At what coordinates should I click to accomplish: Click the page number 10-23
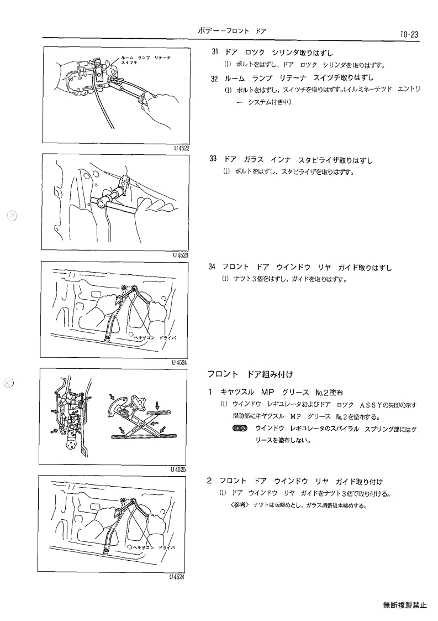pyautogui.click(x=409, y=34)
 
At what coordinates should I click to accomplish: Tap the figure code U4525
pyautogui.click(x=178, y=469)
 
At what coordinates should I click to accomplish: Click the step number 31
pyautogui.click(x=215, y=53)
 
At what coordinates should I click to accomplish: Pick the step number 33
pyautogui.click(x=213, y=159)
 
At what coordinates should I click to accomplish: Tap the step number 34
pyautogui.click(x=212, y=267)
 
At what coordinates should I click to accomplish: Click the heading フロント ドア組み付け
pyautogui.click(x=251, y=374)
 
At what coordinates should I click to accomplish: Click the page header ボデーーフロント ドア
pyautogui.click(x=232, y=31)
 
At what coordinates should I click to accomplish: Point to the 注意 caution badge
pyautogui.click(x=239, y=429)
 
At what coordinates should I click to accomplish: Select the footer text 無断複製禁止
pyautogui.click(x=405, y=605)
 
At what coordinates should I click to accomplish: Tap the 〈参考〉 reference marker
pyautogui.click(x=239, y=505)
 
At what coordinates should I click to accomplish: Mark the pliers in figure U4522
pyautogui.click(x=126, y=89)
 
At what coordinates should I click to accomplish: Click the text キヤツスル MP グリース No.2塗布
pyautogui.click(x=281, y=393)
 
